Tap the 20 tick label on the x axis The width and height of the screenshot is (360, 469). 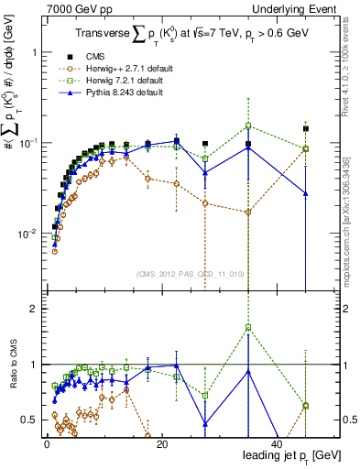coord(161,444)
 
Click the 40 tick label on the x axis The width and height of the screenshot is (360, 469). coord(277,444)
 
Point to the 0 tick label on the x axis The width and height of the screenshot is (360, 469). coord(46,444)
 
